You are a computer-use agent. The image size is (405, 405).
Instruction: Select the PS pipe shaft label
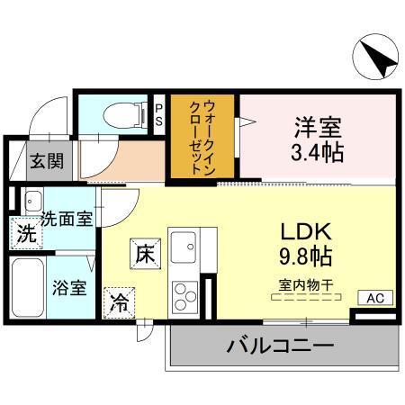point(159,114)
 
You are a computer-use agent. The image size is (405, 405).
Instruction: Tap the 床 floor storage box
point(145,253)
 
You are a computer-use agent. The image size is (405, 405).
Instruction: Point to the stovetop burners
point(185,295)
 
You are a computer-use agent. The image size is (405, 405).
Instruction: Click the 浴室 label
point(68,289)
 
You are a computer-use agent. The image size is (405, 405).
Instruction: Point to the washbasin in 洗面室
point(32,199)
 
